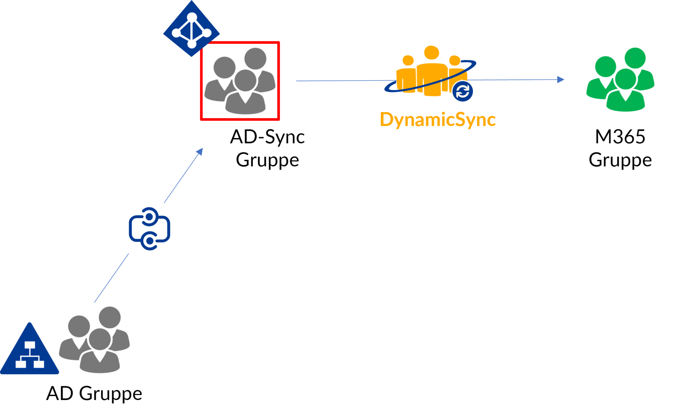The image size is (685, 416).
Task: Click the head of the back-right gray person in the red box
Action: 255,59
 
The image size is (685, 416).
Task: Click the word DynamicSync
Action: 437,120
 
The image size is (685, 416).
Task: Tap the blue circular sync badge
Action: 463,91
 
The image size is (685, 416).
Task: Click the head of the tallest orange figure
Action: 431,54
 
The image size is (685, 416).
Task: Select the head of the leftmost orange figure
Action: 408,61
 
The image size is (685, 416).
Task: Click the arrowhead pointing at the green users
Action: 561,80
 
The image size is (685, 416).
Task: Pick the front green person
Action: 625,95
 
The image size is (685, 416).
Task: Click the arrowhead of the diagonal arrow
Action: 200,151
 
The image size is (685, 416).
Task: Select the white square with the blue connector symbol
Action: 149,228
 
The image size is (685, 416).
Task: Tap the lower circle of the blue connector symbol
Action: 150,241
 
